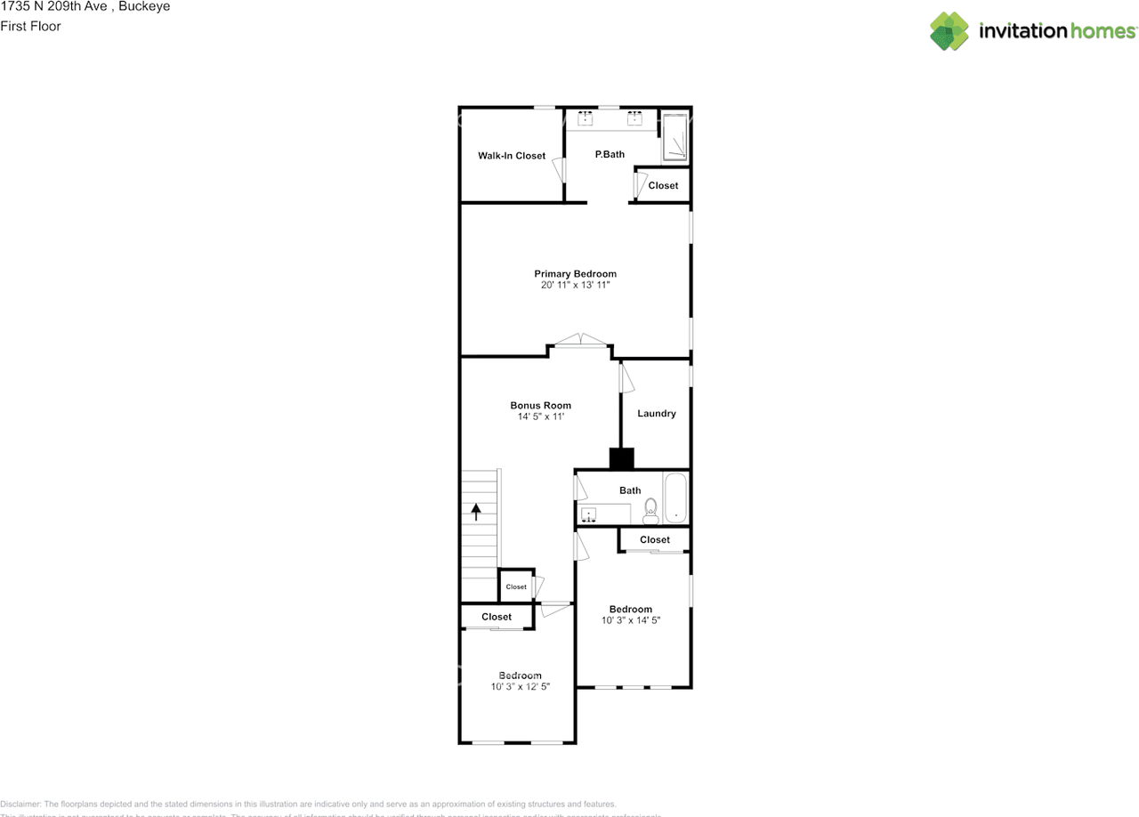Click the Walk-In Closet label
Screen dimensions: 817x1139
point(512,156)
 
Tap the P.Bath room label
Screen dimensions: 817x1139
point(610,154)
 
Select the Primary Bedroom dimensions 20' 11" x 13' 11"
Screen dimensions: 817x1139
point(575,286)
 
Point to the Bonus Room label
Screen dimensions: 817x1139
point(541,405)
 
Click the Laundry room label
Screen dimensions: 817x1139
point(657,413)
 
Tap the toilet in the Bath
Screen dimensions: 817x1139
point(650,509)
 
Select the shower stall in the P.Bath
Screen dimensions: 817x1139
point(675,138)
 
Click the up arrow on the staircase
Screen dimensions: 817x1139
point(476,511)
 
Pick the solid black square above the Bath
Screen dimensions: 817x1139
point(621,458)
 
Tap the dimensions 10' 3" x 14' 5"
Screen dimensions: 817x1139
point(631,620)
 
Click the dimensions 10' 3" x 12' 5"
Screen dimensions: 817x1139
point(520,686)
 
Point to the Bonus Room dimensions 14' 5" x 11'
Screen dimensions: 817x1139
point(541,417)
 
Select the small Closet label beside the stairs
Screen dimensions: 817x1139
point(516,586)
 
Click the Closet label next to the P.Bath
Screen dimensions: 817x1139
point(663,185)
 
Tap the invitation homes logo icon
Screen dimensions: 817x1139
point(949,31)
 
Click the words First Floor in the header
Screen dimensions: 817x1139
point(30,26)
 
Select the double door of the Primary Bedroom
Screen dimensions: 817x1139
point(580,340)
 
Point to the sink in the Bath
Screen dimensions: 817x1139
point(588,514)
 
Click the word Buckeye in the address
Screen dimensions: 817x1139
point(144,6)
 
